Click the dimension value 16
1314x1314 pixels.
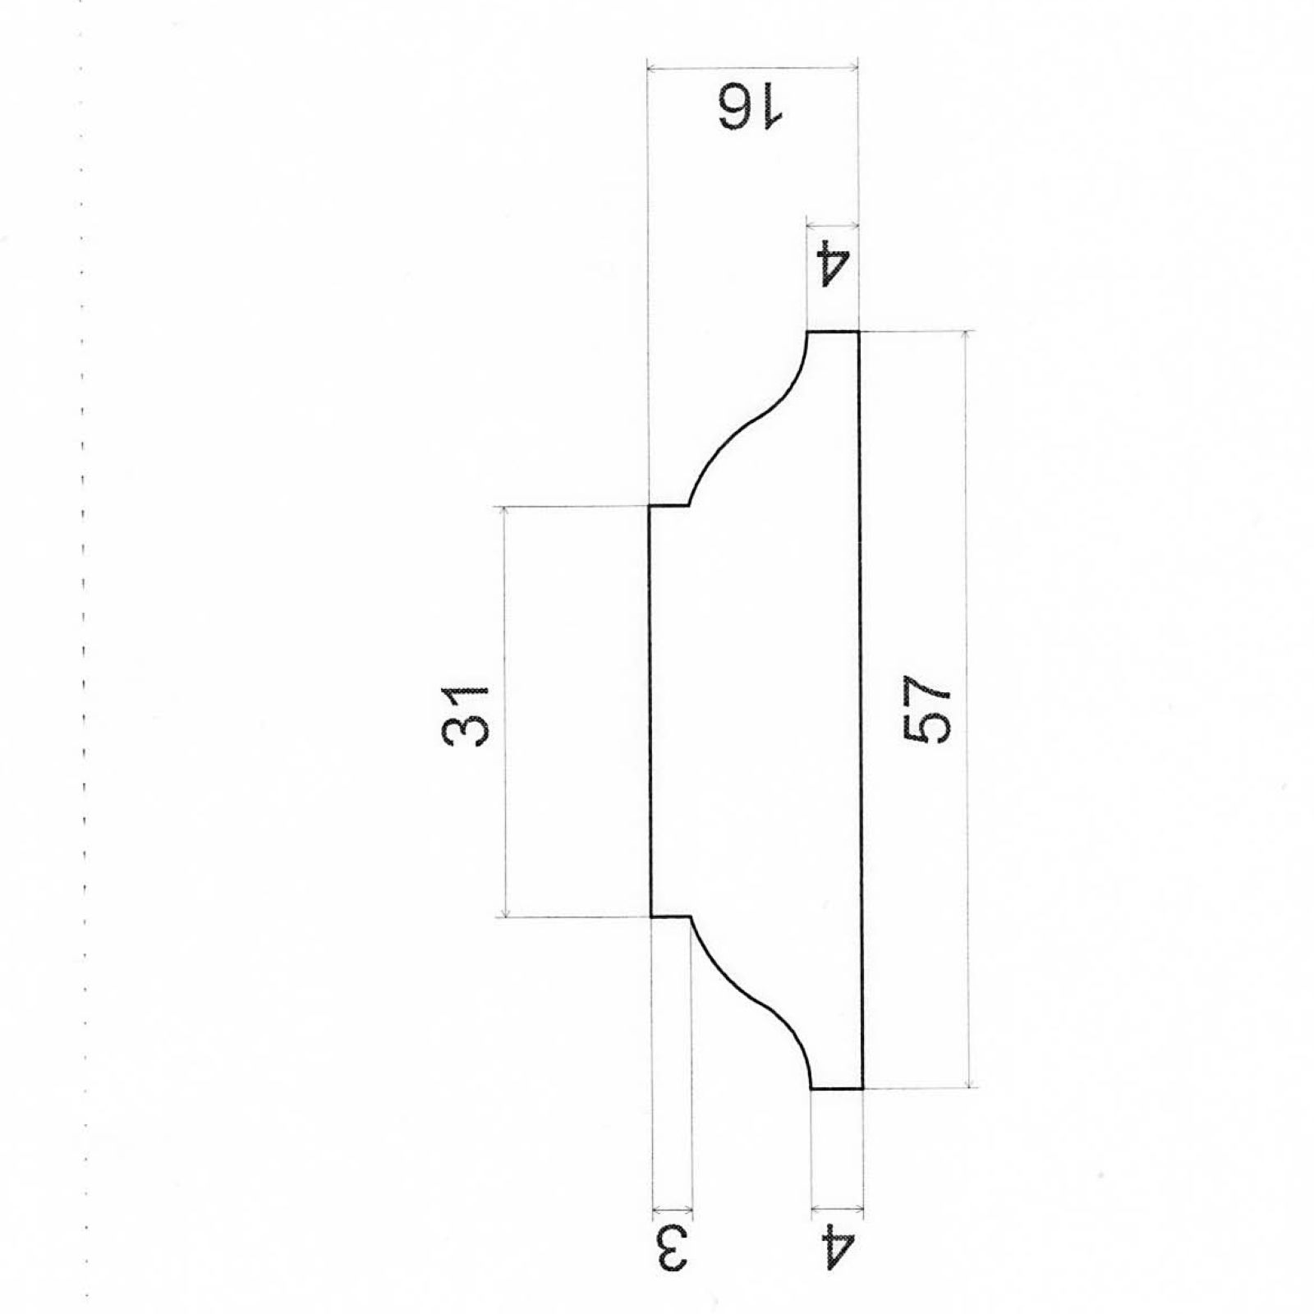point(751,108)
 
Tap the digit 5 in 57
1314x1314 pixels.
point(926,727)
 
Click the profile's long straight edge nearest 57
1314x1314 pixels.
point(861,711)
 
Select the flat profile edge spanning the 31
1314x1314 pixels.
point(650,711)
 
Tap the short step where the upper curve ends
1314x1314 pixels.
point(669,506)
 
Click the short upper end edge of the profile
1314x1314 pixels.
point(833,332)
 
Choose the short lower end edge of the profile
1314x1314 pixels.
point(836,1089)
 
